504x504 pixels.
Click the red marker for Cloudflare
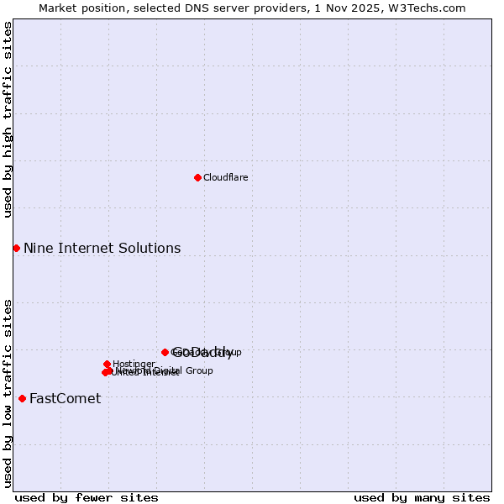point(197,177)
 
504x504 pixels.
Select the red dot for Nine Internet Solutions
point(16,248)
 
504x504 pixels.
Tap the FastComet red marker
point(22,398)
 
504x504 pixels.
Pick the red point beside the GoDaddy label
point(165,352)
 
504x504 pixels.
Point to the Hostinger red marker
point(107,364)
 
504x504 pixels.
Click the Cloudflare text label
point(225,177)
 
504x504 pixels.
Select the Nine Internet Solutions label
point(102,248)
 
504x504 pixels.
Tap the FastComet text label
point(65,398)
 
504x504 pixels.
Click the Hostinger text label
point(134,364)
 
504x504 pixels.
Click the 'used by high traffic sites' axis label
point(8,119)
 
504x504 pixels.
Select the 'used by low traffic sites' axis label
point(8,392)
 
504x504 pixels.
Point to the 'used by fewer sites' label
point(87,497)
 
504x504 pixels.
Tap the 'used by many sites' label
point(422,497)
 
